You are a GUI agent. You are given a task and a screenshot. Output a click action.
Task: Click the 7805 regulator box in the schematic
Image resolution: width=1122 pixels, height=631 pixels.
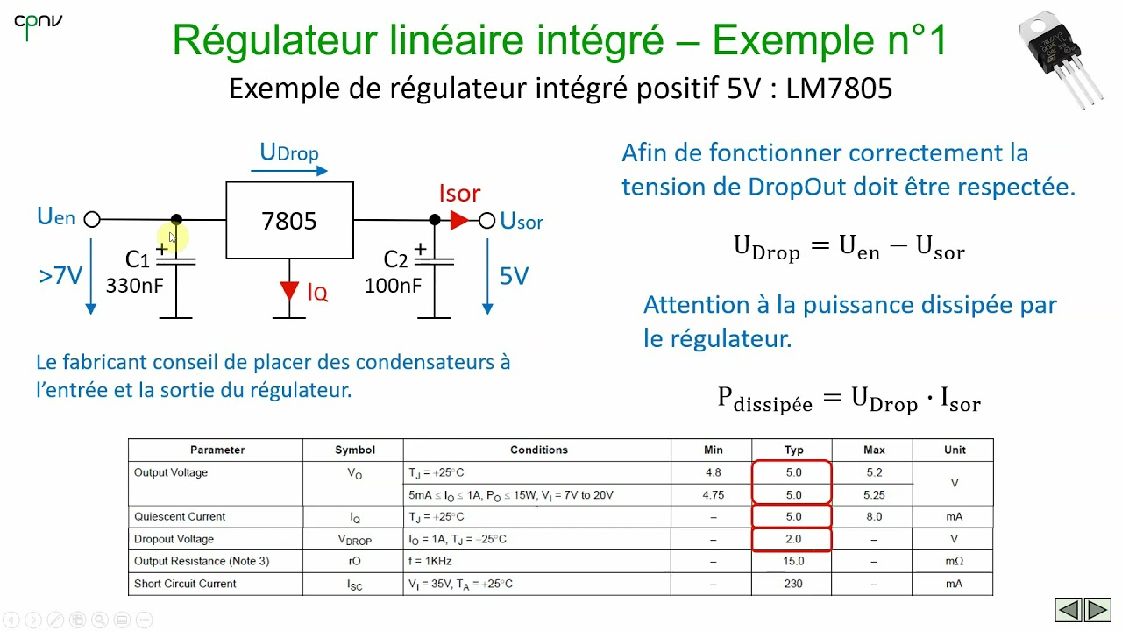(289, 220)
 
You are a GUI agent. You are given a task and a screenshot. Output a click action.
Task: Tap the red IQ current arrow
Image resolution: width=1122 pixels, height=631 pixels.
(289, 291)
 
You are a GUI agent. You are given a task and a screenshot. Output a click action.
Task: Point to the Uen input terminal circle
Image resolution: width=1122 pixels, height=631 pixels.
(92, 220)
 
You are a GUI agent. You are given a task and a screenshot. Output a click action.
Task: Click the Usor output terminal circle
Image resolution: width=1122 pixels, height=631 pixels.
(487, 221)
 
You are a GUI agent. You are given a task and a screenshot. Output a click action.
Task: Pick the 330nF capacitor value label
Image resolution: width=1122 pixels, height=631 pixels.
(134, 285)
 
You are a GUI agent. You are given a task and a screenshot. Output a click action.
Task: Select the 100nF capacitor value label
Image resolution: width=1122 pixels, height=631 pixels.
(393, 285)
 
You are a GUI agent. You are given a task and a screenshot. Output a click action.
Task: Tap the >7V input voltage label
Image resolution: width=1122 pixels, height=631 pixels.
(60, 276)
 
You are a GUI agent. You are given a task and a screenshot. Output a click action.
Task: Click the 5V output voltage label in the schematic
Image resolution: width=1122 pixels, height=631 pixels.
(514, 277)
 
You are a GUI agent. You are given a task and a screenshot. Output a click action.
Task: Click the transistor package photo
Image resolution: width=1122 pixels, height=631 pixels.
(1061, 56)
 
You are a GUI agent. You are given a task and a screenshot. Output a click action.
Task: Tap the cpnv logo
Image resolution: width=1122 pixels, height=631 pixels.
(38, 25)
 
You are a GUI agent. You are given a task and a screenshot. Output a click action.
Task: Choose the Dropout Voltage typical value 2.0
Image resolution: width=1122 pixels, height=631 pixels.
(793, 539)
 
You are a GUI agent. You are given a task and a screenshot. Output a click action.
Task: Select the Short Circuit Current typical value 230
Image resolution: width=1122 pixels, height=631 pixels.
(793, 584)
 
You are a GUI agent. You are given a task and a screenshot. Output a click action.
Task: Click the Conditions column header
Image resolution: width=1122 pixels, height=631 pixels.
(538, 450)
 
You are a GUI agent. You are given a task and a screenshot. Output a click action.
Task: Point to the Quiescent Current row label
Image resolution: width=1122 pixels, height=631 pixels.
(180, 516)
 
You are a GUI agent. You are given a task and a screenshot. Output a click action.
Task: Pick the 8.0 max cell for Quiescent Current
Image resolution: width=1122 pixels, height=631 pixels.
(873, 516)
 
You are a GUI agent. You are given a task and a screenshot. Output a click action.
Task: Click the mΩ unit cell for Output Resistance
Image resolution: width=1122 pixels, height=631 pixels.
(954, 561)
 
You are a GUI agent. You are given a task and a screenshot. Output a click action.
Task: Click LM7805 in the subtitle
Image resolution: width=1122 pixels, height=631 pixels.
(839, 89)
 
